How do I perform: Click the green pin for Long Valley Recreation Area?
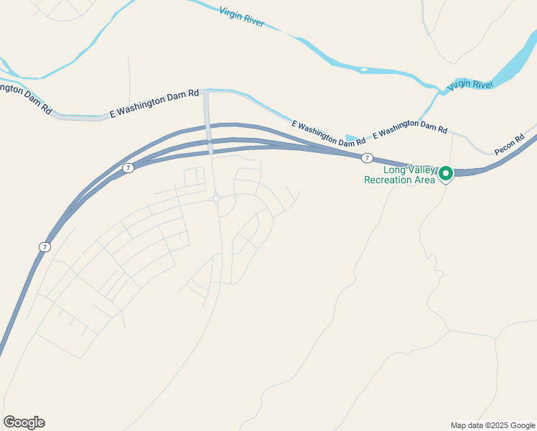click(445, 174)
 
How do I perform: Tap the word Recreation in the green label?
click(388, 180)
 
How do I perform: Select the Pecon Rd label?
click(510, 147)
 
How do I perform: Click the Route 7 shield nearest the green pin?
click(367, 158)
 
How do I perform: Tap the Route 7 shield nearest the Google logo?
click(45, 247)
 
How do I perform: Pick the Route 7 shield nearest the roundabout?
click(128, 168)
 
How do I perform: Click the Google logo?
click(24, 422)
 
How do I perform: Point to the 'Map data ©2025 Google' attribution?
click(493, 425)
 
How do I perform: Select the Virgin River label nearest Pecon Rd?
click(470, 85)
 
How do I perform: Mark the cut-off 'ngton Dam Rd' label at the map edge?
click(25, 97)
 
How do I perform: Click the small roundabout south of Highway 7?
click(216, 199)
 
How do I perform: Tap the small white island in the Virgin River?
click(363, 70)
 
